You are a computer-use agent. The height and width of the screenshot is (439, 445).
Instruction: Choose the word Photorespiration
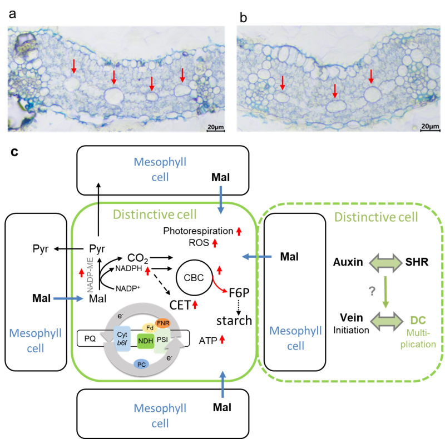[199, 231]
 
